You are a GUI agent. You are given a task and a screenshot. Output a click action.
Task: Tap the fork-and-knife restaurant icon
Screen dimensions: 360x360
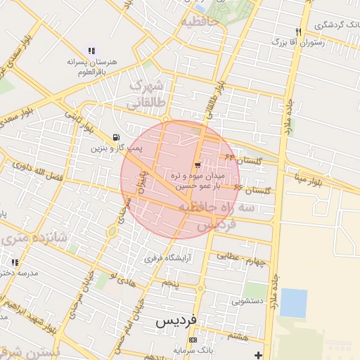coord(299,32)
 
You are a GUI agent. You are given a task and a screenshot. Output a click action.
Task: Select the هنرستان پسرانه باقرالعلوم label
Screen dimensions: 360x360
coord(90,66)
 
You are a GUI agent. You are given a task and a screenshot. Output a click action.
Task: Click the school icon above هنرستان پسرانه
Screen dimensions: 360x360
coord(91,51)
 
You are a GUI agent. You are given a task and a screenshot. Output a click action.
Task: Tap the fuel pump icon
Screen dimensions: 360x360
coord(115,137)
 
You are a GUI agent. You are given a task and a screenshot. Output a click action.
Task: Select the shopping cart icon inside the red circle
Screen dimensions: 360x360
coord(197,164)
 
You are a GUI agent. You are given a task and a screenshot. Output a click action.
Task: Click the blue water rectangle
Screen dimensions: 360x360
coord(294,303)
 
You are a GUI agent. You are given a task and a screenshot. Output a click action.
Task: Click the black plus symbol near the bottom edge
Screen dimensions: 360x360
coord(259,354)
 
